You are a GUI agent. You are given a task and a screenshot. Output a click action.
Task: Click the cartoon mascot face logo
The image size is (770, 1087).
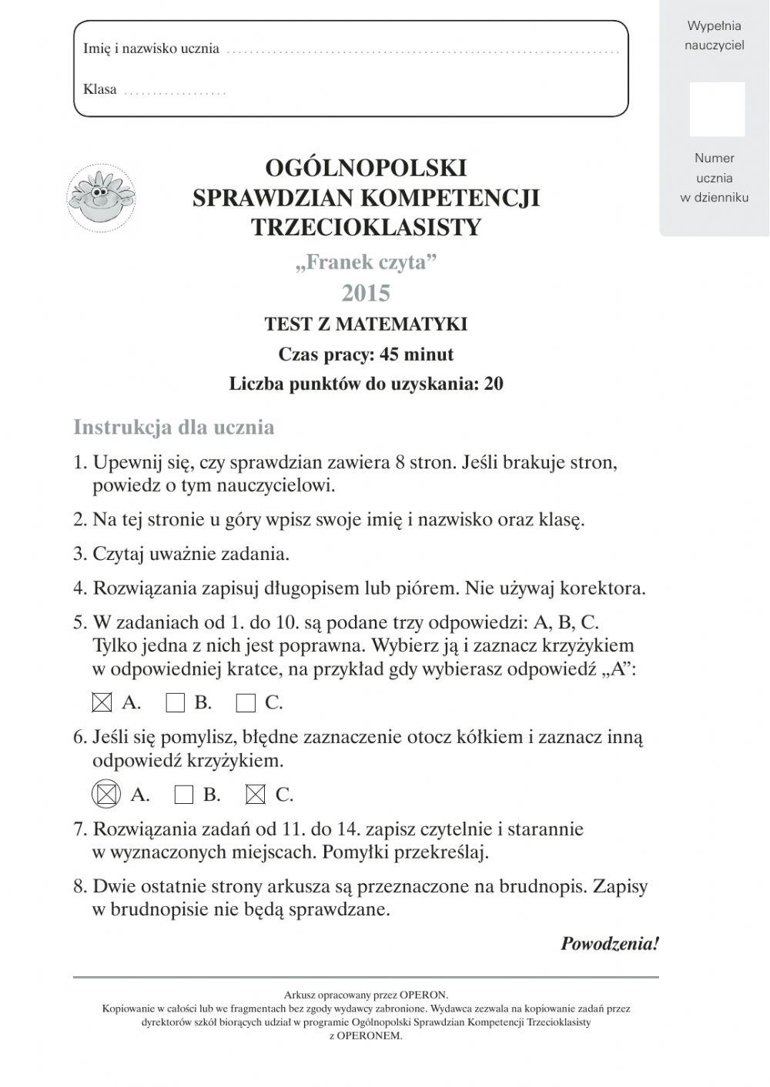tap(101, 196)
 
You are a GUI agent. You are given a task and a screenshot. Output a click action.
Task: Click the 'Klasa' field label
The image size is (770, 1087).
tap(100, 89)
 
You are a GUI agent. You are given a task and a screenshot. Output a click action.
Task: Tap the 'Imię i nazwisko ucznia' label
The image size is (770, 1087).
tap(151, 48)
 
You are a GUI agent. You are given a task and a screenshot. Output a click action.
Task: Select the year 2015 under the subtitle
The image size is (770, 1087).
tap(366, 293)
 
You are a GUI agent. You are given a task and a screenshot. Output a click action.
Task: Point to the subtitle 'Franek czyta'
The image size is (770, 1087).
tap(366, 262)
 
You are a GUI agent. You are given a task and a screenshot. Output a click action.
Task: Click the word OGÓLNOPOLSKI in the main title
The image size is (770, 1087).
tap(366, 167)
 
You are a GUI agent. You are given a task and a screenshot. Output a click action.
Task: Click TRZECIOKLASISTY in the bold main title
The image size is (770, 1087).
tap(366, 227)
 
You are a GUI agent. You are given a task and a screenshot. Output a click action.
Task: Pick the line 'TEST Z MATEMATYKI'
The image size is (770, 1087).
tap(366, 324)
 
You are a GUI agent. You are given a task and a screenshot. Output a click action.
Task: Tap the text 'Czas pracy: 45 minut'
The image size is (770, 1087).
tap(366, 354)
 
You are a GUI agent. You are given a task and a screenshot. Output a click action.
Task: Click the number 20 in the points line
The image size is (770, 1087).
tap(493, 384)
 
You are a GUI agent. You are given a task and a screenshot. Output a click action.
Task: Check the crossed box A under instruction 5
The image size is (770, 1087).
tap(102, 702)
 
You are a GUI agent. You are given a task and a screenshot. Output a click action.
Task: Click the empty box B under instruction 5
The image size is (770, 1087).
tap(176, 702)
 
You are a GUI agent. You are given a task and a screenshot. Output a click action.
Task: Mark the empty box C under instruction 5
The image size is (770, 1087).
tap(246, 702)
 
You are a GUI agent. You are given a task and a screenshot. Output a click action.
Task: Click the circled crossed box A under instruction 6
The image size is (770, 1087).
tap(105, 794)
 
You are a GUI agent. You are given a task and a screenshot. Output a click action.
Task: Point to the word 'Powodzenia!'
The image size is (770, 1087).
tap(609, 943)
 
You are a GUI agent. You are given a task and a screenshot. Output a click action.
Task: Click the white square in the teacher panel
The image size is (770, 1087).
tap(717, 109)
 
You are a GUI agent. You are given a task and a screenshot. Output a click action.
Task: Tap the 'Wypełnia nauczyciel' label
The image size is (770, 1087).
tap(715, 35)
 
